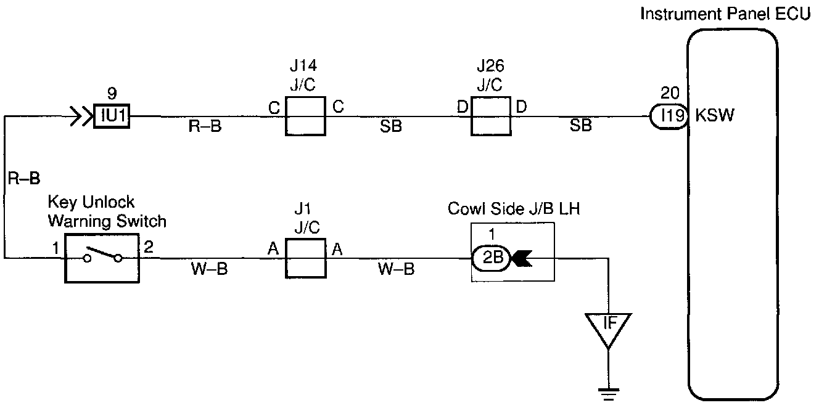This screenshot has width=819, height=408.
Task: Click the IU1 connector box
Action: [x=112, y=116]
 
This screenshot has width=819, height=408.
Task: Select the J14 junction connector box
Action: [x=305, y=116]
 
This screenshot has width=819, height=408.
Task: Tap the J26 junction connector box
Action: [x=491, y=116]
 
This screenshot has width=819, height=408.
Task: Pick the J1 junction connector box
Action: [x=305, y=259]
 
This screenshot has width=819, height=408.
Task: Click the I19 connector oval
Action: [x=669, y=116]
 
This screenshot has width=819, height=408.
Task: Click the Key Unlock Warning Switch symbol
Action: [x=102, y=259]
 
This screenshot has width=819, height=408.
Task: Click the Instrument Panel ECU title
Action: [x=728, y=14]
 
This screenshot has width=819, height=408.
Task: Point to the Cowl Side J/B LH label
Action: [x=514, y=210]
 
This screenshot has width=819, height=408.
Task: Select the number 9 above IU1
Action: [x=112, y=94]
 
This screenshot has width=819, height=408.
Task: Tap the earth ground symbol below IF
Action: [x=608, y=392]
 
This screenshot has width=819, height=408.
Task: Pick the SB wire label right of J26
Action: [x=581, y=126]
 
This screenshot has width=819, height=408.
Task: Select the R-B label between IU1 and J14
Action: [x=204, y=127]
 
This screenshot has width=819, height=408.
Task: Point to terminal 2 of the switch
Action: [x=148, y=248]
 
